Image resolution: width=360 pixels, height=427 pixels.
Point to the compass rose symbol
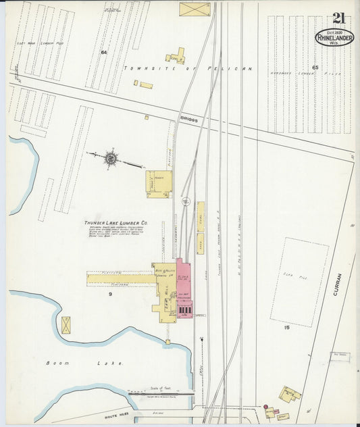tap(110, 158)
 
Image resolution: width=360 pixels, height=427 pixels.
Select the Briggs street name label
tap(188, 118)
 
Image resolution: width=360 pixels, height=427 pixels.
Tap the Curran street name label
tap(337, 283)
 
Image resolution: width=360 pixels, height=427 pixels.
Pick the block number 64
tap(104, 52)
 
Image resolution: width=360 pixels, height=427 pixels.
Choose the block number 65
tap(315, 68)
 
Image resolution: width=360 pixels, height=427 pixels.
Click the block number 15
tap(287, 328)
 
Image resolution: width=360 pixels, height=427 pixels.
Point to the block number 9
tap(109, 294)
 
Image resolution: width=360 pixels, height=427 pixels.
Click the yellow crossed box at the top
tap(195, 9)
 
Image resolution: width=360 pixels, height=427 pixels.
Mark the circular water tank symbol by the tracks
tap(186, 201)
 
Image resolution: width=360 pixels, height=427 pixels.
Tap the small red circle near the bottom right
tap(268, 409)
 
